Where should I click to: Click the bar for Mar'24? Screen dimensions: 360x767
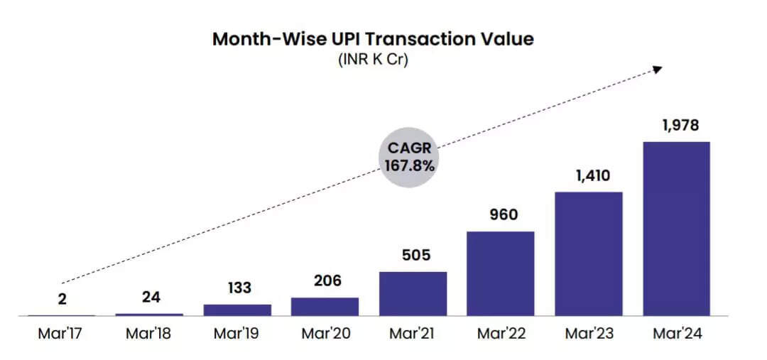coord(676,229)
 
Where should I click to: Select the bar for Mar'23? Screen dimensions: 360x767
coord(589,253)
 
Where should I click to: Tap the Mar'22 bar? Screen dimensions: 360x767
coord(501,273)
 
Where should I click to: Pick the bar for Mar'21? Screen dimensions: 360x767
coord(413,293)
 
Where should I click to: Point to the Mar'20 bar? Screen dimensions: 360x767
coord(325,306)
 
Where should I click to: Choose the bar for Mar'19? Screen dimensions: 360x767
coord(237,310)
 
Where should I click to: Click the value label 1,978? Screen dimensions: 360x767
coord(676,126)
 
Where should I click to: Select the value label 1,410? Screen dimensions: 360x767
coord(589,175)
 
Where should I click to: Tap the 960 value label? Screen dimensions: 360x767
coord(501,215)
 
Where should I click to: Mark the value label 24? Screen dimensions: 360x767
coord(150,297)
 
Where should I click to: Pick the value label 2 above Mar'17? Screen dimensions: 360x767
coord(62,300)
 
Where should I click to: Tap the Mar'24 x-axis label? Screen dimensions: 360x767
coord(676,334)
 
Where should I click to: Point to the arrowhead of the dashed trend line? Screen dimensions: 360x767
coord(658,69)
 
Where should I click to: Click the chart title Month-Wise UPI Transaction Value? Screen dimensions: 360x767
coord(373,38)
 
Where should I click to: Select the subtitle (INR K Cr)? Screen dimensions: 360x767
coord(373,60)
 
